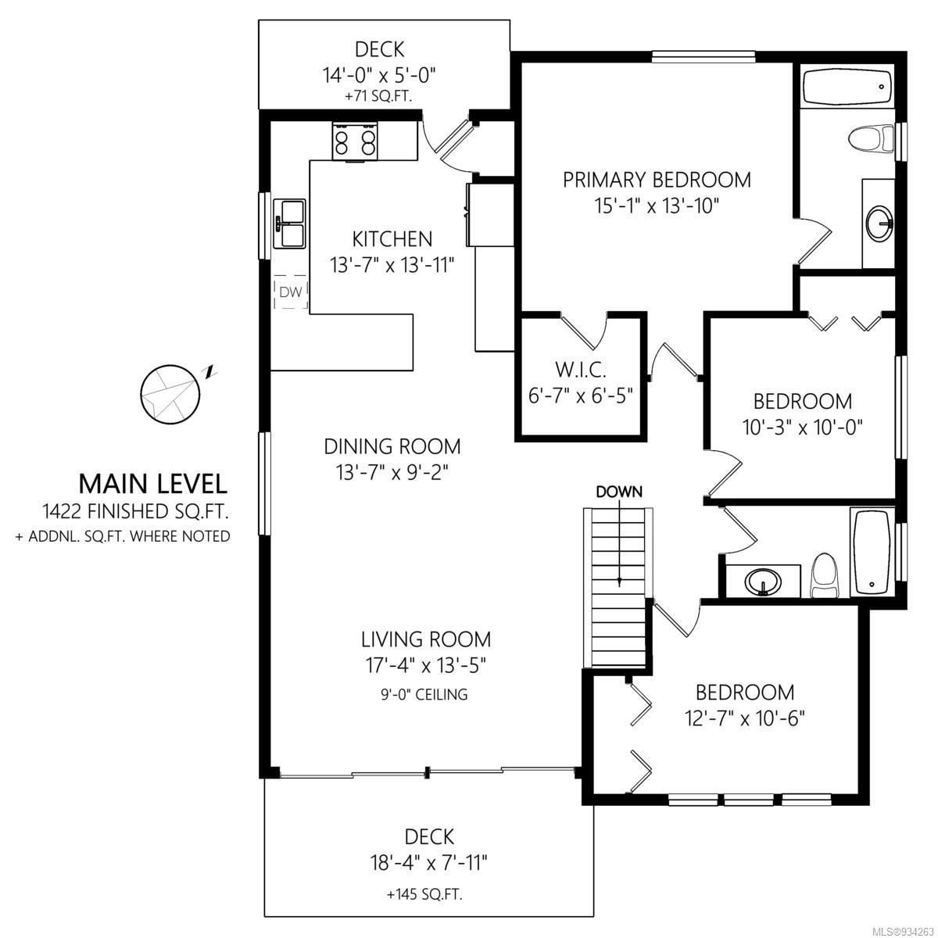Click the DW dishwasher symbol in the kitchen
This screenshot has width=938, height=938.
click(291, 292)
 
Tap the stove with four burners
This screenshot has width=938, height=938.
click(355, 141)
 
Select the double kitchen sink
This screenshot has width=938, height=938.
click(289, 224)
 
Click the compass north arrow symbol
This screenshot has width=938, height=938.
click(170, 394)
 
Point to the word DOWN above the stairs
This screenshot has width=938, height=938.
click(619, 492)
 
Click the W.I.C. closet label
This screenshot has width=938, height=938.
click(581, 371)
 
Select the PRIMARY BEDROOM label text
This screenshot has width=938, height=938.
click(657, 180)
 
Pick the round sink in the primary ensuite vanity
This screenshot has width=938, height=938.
click(880, 224)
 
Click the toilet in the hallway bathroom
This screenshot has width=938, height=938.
click(824, 575)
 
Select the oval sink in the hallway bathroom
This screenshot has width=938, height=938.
click(763, 582)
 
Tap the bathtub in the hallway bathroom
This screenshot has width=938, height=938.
click(872, 552)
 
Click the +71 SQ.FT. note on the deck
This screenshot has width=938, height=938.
click(378, 96)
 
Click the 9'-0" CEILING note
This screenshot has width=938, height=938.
click(424, 694)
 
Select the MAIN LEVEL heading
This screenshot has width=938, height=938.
click(153, 483)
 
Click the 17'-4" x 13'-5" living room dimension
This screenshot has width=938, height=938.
click(426, 665)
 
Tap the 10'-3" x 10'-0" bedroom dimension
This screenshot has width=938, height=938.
click(802, 428)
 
